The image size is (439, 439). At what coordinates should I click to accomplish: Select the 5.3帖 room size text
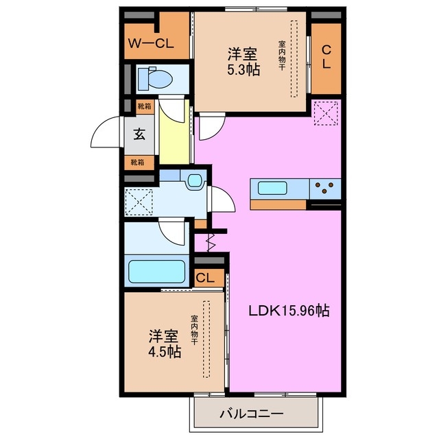[x=244, y=70]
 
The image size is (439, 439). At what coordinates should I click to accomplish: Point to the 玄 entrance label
[x=139, y=134]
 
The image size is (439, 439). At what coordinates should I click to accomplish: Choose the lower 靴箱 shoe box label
[x=139, y=163]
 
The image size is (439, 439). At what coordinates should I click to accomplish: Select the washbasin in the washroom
[x=195, y=181]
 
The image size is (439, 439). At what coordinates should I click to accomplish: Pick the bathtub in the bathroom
[x=158, y=272]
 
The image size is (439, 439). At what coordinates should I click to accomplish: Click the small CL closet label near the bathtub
[x=204, y=278]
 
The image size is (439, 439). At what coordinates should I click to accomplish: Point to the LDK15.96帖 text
[x=289, y=311]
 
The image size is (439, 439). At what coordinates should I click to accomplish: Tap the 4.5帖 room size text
[x=165, y=352]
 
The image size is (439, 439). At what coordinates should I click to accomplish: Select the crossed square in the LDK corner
[x=324, y=112]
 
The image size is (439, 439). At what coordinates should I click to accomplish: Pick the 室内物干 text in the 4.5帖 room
[x=194, y=329]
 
